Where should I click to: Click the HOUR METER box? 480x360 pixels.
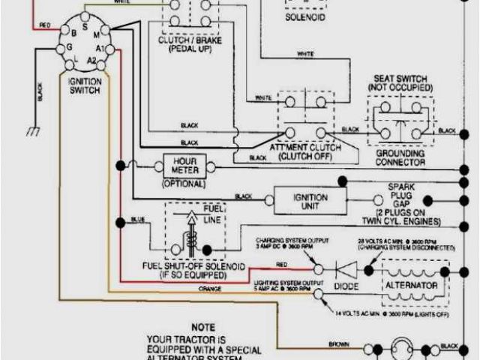coord(184,166)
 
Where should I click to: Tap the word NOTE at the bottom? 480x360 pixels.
coord(202,328)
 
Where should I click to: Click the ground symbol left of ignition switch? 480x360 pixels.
coord(32,130)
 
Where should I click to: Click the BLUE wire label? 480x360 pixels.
coord(137,220)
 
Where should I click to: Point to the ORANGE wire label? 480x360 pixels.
coord(209,287)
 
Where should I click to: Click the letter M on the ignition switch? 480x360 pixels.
coord(95,34)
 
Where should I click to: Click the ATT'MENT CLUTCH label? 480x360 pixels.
coord(304,152)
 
